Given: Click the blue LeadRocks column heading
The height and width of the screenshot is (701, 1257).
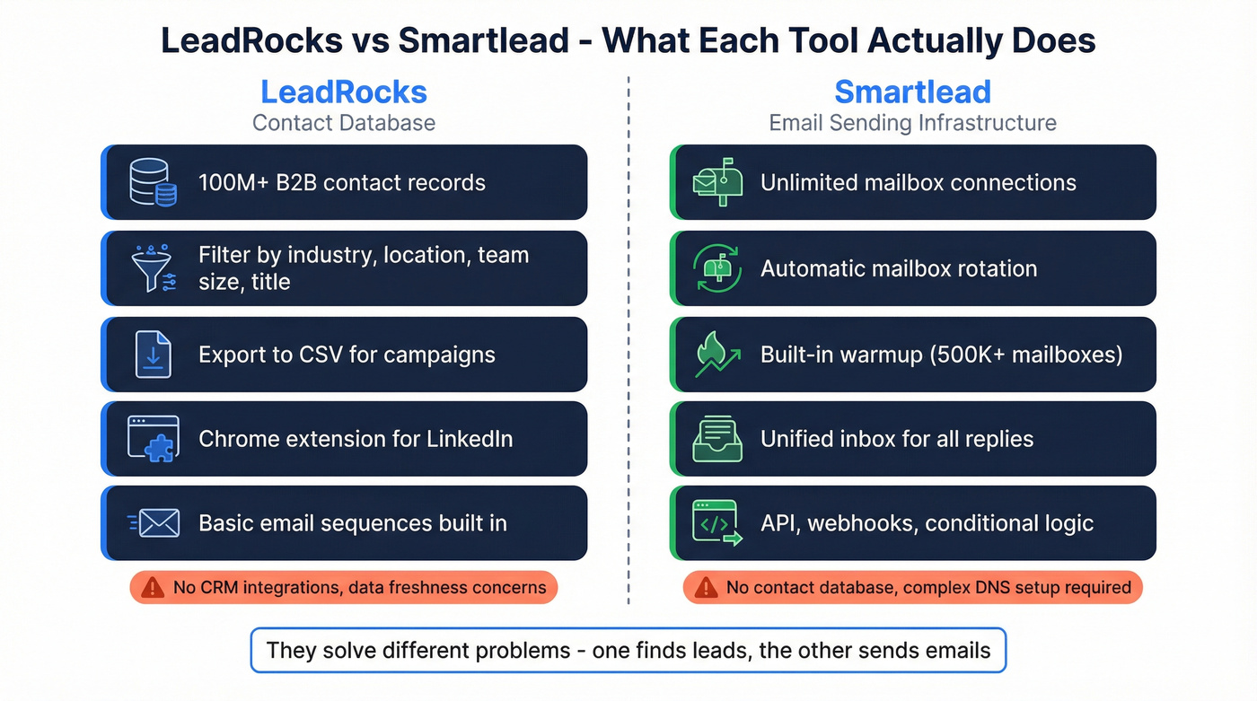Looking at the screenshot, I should coord(343,92).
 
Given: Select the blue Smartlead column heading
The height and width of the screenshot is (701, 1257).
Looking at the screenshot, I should coord(912,92).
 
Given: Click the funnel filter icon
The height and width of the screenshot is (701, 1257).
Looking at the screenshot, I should coord(154,268).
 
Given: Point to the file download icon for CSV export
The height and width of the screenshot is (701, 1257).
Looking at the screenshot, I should coord(154,354).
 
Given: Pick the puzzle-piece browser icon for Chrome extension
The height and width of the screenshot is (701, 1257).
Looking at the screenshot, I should coord(154,439).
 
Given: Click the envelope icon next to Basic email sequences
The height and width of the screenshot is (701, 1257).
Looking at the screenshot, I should coord(155,523).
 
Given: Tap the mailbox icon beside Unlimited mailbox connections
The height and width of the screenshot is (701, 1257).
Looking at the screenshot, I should coord(717,182).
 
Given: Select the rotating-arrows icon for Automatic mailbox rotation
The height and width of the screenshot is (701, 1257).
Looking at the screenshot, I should coord(717,268).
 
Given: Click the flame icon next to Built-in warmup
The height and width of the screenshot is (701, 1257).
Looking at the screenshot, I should coord(717,354).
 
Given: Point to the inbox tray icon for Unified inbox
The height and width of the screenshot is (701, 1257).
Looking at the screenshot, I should coord(717,439).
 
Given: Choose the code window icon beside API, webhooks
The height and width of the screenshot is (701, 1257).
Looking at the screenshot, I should coord(717,523).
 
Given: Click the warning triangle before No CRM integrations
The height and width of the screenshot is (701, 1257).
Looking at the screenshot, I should coord(153,588).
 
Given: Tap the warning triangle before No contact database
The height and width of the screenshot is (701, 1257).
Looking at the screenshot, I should coord(706,588).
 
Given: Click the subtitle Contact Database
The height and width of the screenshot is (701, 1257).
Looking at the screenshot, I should coord(343,123).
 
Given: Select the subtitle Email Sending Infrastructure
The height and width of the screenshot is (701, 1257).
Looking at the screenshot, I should coord(912,123).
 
